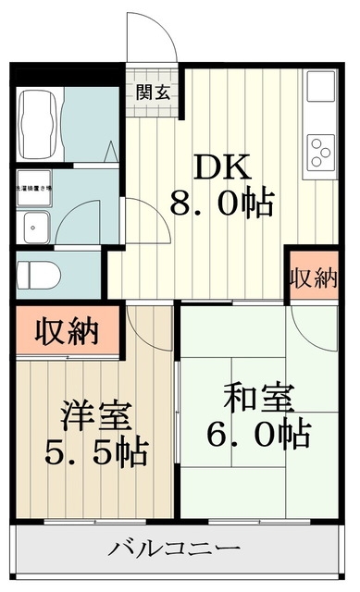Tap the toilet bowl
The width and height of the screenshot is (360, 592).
[x=37, y=275]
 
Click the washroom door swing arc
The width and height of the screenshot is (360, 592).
[x=139, y=222]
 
